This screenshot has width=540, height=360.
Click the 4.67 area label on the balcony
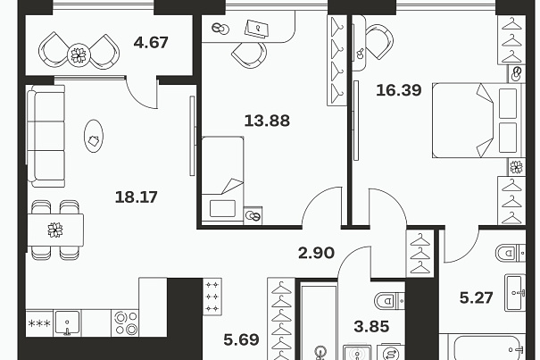[151, 43]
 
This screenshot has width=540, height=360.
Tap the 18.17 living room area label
[136, 197]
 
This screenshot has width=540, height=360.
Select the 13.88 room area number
[267, 121]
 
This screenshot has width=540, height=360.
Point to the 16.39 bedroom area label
[399, 90]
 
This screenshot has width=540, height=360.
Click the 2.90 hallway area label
[316, 253]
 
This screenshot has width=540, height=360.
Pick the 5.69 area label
[241, 340]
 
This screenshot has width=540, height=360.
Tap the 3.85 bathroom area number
[371, 327]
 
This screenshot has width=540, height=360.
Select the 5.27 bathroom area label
[477, 297]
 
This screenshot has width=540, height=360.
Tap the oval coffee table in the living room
[94, 136]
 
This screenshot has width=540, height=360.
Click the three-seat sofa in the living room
[46, 136]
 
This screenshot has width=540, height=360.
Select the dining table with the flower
[55, 230]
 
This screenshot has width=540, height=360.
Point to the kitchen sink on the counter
[68, 323]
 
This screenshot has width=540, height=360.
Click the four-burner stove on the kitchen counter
[125, 323]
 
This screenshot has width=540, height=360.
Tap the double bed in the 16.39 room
[477, 121]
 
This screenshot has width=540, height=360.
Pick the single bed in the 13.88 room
[222, 179]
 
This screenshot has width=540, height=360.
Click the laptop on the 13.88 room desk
[256, 29]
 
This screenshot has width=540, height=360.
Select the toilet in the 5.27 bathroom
[511, 253]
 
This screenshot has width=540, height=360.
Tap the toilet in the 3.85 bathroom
[389, 301]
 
